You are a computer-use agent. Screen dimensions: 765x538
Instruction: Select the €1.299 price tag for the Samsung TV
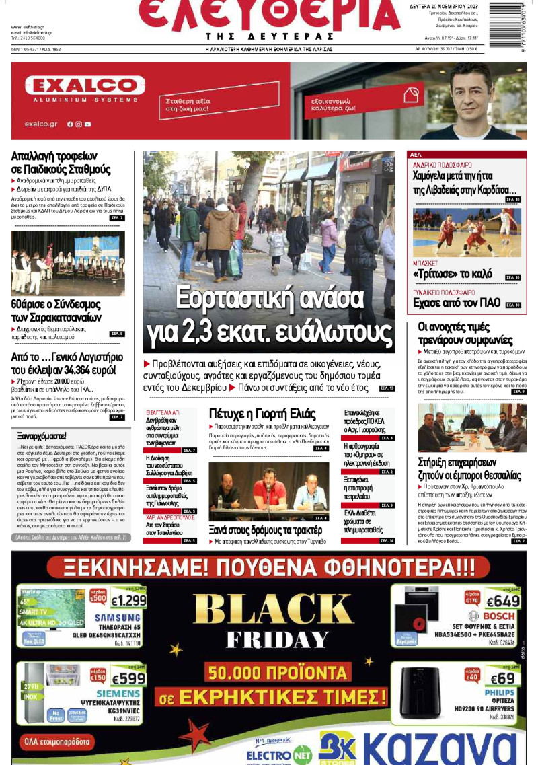pyautogui.click(x=127, y=601)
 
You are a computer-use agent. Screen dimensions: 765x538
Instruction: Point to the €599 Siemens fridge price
pyautogui.click(x=128, y=679)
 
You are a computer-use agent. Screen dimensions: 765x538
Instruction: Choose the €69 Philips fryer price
pyautogui.click(x=502, y=678)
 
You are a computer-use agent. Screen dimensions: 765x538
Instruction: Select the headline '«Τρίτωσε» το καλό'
pyautogui.click(x=453, y=275)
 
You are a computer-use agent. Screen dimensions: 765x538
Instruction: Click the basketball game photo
pyautogui.click(x=466, y=232)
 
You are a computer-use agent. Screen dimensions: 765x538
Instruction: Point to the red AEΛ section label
pyautogui.click(x=416, y=155)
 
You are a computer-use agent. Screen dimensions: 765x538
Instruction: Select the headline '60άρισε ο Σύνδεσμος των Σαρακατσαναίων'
pyautogui.click(x=56, y=312)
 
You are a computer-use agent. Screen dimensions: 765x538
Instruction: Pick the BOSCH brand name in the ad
pyautogui.click(x=498, y=616)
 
